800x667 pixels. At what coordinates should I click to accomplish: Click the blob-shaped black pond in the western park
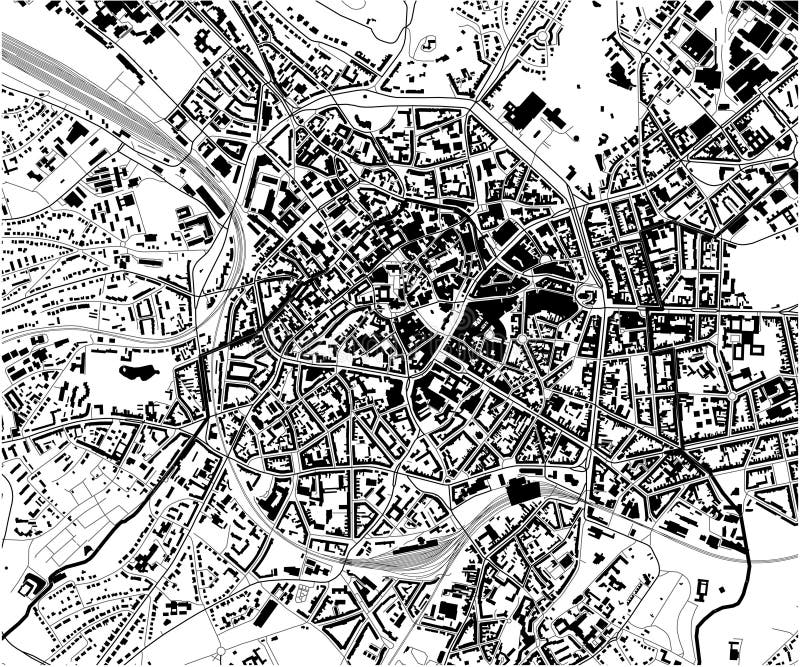point(137,374)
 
